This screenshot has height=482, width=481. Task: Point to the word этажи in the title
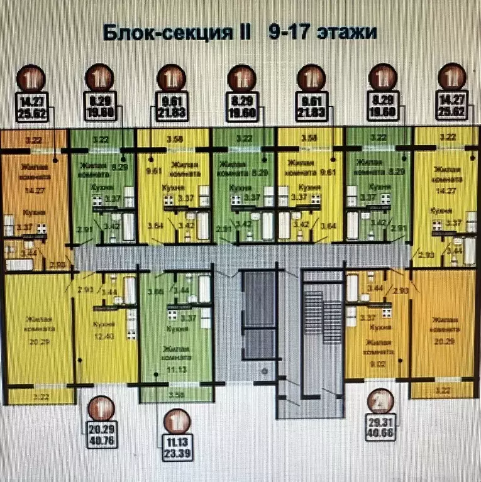(x=345, y=32)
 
